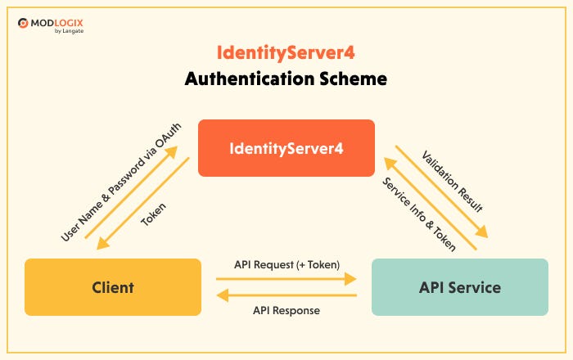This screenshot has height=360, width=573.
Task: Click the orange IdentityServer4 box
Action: click(286, 148)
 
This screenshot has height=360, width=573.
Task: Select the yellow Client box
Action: click(113, 287)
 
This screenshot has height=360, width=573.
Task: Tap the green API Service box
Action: click(459, 287)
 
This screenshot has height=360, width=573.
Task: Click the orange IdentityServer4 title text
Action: click(286, 53)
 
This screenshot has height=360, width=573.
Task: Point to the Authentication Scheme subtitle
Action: click(286, 79)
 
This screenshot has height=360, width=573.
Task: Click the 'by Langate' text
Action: click(68, 31)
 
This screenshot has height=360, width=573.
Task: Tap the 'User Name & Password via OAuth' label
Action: click(120, 182)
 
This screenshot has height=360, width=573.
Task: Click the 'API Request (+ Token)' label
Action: click(286, 264)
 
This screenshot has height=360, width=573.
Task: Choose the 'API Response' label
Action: click(286, 310)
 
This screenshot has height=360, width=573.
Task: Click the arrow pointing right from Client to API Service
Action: click(286, 279)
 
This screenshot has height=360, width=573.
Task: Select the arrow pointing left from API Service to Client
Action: click(286, 295)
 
